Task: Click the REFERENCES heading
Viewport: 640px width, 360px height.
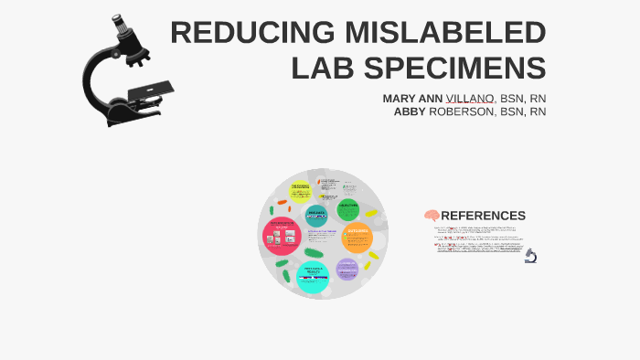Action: pyautogui.click(x=483, y=216)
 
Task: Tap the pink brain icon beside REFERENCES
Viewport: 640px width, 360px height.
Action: pyautogui.click(x=432, y=216)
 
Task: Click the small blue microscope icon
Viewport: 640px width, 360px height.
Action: pyautogui.click(x=530, y=257)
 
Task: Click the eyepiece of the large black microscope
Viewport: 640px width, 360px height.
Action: pyautogui.click(x=118, y=26)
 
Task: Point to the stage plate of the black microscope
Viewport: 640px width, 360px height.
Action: pyautogui.click(x=147, y=90)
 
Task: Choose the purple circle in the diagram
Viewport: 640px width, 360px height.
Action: pyautogui.click(x=347, y=269)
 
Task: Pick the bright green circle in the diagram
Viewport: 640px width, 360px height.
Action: pyautogui.click(x=347, y=208)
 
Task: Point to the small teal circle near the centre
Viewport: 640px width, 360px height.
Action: pyautogui.click(x=316, y=217)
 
